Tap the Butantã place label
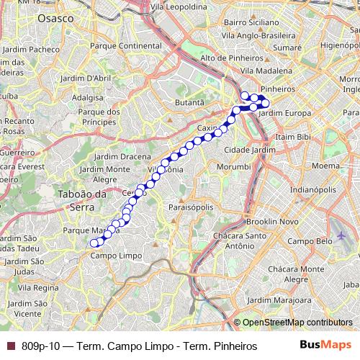coord(190,104)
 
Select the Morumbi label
coord(235,166)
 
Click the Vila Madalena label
coord(266,71)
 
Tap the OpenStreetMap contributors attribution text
coord(297,323)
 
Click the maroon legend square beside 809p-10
coord(10,346)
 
